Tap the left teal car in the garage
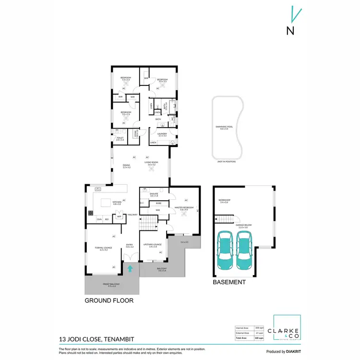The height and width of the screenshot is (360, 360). [225, 250]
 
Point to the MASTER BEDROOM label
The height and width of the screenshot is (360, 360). [186, 208]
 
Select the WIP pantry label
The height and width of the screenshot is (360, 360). [119, 216]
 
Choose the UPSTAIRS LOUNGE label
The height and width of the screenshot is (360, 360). [150, 245]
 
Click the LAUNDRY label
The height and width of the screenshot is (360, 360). [162, 134]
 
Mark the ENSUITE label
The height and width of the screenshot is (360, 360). [154, 195]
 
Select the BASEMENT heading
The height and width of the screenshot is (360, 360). [229, 282]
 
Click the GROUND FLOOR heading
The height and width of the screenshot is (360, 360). [108, 300]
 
